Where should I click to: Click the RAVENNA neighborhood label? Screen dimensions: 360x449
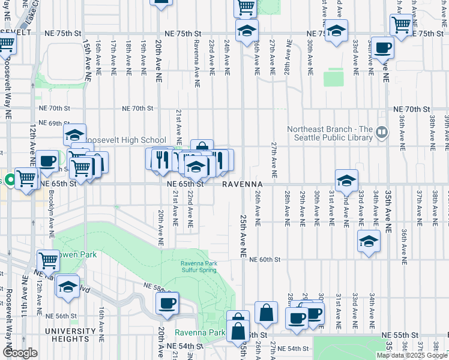[x=243, y=184]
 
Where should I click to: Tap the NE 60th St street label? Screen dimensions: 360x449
[x=264, y=259]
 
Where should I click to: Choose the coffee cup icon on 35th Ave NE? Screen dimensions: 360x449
[x=382, y=47]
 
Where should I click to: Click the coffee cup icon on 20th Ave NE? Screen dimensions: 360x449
[x=167, y=302]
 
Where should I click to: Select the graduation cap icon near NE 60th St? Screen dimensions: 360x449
[x=369, y=241]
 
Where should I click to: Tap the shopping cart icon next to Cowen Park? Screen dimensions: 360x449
[x=48, y=260]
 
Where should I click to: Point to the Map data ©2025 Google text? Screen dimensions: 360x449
[x=412, y=355]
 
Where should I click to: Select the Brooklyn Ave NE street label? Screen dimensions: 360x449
[x=52, y=207]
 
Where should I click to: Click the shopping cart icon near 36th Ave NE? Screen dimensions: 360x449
[x=402, y=25]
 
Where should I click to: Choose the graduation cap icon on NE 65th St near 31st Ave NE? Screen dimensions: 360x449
[x=346, y=179]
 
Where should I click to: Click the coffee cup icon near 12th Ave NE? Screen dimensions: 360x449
[x=47, y=161]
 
